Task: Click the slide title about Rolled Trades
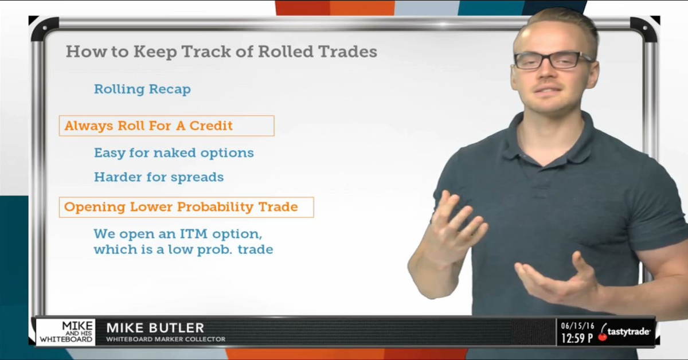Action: pyautogui.click(x=221, y=52)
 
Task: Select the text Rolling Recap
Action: pyautogui.click(x=142, y=89)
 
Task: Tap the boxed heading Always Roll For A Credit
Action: pyautogui.click(x=166, y=126)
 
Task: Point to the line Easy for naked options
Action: pyautogui.click(x=174, y=153)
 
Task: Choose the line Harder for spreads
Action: pyautogui.click(x=159, y=177)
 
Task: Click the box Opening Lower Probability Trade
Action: pyautogui.click(x=186, y=207)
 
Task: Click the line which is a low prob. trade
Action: pyautogui.click(x=183, y=250)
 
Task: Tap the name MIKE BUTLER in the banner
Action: pyautogui.click(x=155, y=328)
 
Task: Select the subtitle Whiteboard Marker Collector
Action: pyautogui.click(x=166, y=339)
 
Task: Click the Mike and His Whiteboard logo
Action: pyautogui.click(x=66, y=332)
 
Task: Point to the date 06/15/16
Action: pyautogui.click(x=576, y=325)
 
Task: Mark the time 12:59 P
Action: pyautogui.click(x=577, y=338)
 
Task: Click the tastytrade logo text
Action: pyautogui.click(x=629, y=332)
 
